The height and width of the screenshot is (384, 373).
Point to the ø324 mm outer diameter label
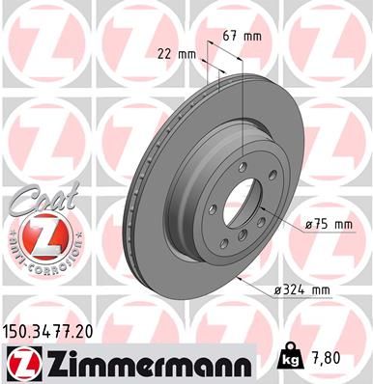coord(310,289)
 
